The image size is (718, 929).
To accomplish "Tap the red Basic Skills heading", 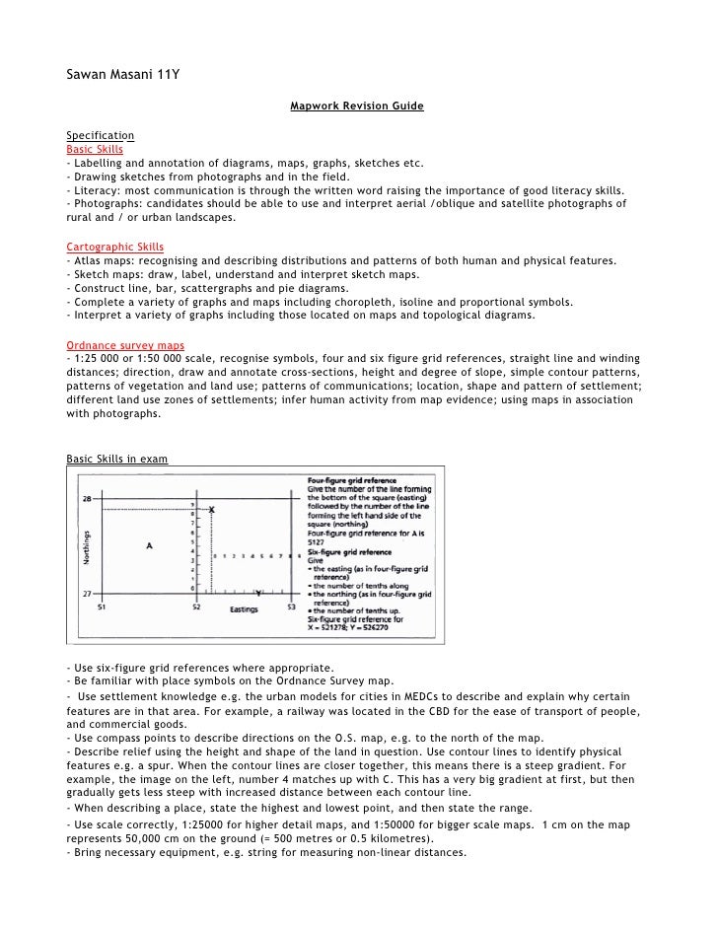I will click(x=94, y=149).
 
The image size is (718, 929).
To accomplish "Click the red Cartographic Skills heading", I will click(x=114, y=247).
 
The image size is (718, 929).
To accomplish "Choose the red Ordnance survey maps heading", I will click(x=124, y=345).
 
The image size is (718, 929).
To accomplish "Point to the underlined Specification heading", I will click(x=100, y=135).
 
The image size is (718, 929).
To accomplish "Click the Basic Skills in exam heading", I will click(x=116, y=459).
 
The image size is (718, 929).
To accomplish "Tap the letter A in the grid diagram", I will click(x=149, y=544).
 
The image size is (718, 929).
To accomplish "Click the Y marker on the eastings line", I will click(x=257, y=595).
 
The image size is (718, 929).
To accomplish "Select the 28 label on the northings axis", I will click(x=86, y=498).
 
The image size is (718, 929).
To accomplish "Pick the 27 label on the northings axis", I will click(x=86, y=595).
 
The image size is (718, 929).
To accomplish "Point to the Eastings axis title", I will click(x=244, y=610).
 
